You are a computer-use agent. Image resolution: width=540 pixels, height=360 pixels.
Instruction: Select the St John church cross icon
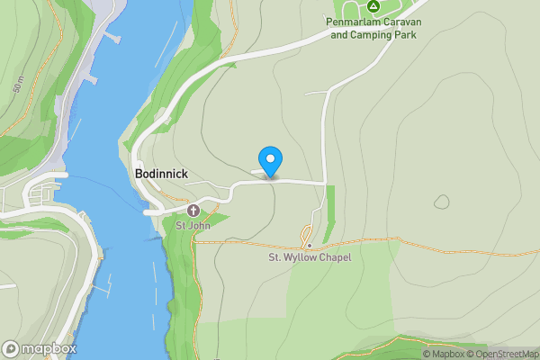tap(180, 210)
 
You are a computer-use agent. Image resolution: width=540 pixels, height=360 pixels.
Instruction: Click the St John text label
tap(192, 225)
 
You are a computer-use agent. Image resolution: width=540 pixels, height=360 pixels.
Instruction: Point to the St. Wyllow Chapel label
tap(310, 257)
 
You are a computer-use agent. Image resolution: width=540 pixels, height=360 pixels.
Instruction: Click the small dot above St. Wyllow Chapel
tap(309, 245)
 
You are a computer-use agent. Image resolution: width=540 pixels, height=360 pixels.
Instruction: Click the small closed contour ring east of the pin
tap(442, 202)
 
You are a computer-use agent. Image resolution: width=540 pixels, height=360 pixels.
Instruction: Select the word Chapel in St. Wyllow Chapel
tap(332, 257)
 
